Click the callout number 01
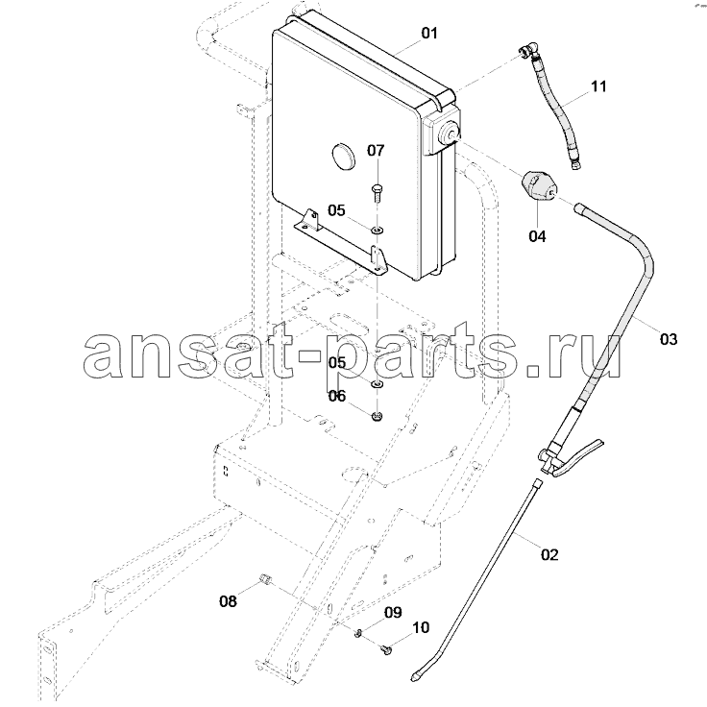(x=429, y=33)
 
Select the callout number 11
(x=598, y=86)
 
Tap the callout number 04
(x=537, y=235)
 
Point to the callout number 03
(x=669, y=339)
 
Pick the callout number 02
(x=549, y=554)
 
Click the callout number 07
(x=376, y=150)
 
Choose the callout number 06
(x=337, y=396)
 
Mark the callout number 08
(x=228, y=601)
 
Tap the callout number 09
(x=393, y=612)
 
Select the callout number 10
(x=421, y=627)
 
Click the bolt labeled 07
(x=377, y=192)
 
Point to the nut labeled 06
(x=377, y=416)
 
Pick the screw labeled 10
(x=386, y=649)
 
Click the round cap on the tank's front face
(x=343, y=156)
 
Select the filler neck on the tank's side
(x=450, y=132)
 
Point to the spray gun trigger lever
(x=578, y=456)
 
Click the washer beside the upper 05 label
(x=377, y=232)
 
